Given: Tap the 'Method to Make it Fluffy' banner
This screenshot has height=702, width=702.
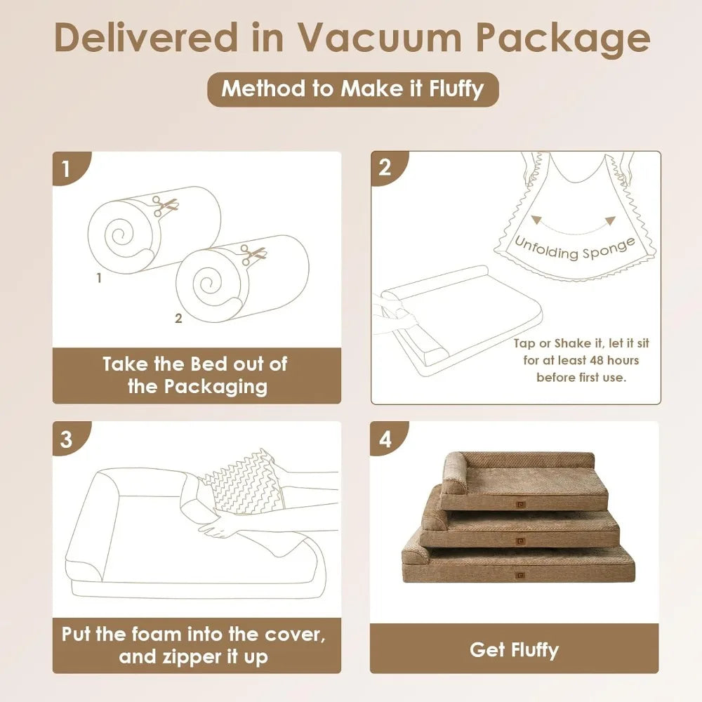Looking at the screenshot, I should [352, 89].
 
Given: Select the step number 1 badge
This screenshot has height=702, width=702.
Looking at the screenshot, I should [67, 169].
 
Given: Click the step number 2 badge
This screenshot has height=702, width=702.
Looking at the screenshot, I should [385, 168].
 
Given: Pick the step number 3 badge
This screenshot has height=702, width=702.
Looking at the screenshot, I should [67, 439].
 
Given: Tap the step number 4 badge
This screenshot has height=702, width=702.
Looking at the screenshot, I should [385, 439].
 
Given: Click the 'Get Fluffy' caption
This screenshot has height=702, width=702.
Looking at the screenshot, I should [514, 649].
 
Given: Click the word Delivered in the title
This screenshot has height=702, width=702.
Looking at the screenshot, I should [147, 39].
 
